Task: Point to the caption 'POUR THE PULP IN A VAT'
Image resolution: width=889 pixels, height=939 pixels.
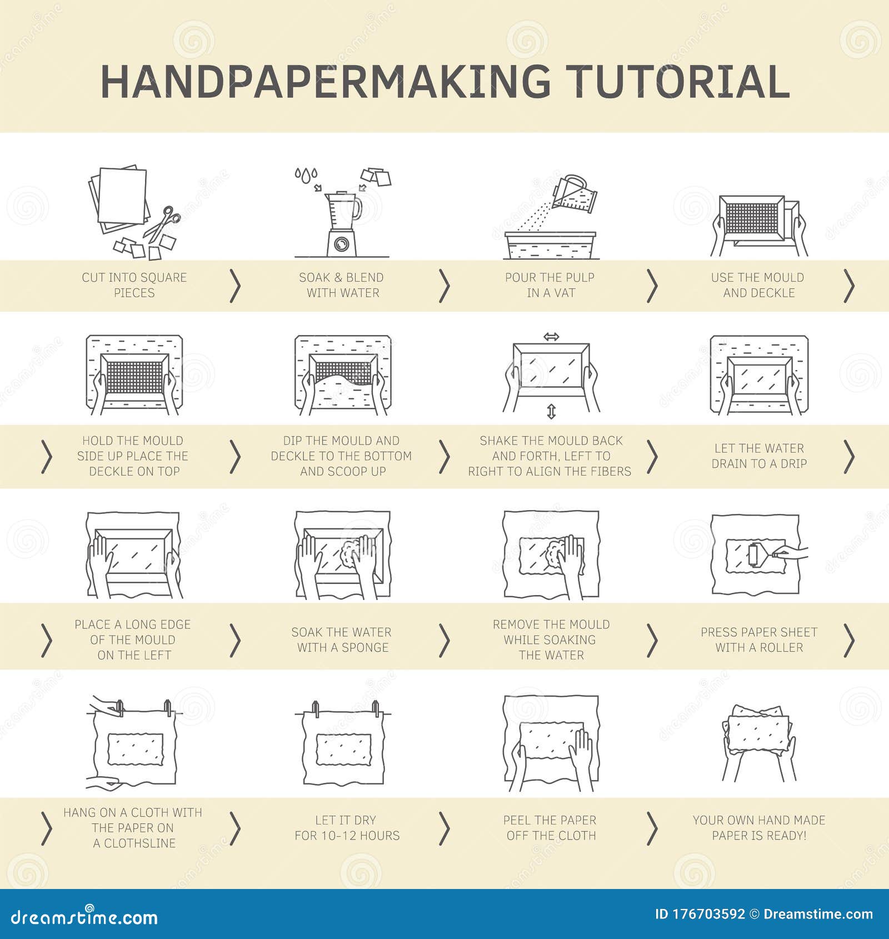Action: point(550,285)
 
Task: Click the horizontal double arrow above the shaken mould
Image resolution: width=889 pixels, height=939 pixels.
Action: point(551,337)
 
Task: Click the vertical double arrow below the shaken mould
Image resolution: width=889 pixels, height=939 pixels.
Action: point(551,412)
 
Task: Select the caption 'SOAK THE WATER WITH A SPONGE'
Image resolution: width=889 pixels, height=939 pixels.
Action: point(342,640)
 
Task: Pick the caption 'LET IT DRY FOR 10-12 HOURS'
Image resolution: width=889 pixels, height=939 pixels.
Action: point(347,827)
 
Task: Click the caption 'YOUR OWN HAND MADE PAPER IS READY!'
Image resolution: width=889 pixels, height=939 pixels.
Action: point(759,827)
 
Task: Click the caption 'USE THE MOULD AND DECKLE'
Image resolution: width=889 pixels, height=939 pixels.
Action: point(758,285)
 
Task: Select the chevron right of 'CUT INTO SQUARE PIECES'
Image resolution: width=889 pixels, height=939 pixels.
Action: point(236,286)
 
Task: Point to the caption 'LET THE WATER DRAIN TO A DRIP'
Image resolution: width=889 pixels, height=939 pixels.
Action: point(759,456)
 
